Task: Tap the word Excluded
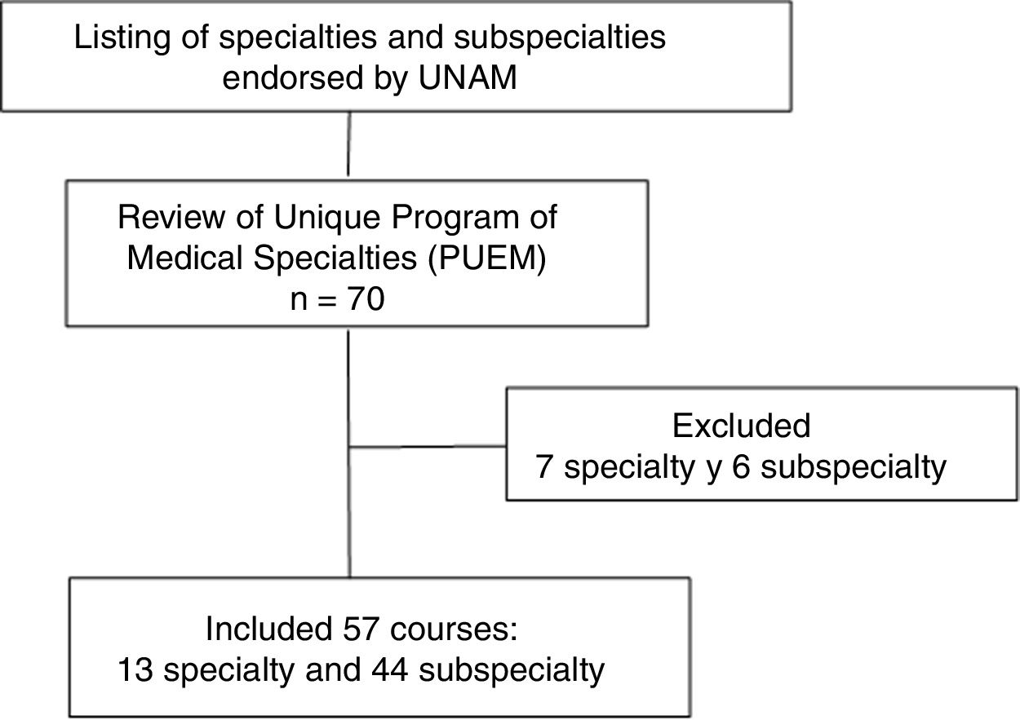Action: pos(741,426)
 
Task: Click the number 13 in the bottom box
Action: pos(133,670)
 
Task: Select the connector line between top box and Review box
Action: pos(348,144)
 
